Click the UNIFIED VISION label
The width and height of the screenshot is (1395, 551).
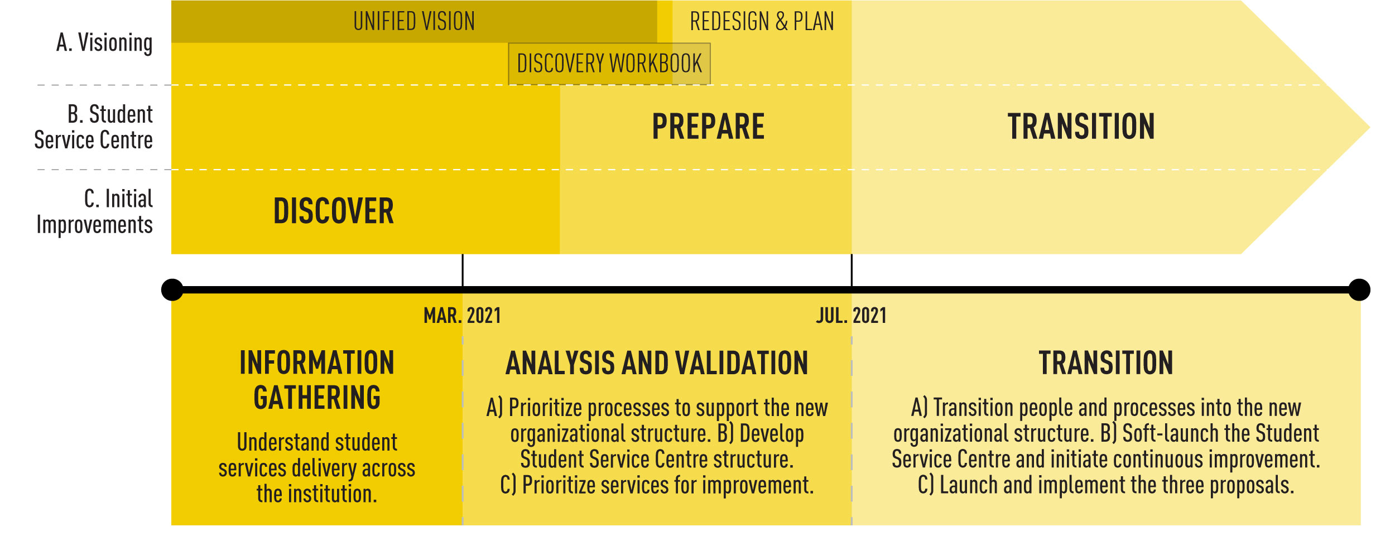click(x=414, y=22)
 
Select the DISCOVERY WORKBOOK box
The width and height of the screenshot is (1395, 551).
click(x=609, y=64)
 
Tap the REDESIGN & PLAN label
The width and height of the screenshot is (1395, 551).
click(x=762, y=22)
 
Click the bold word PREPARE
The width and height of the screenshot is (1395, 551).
click(x=708, y=127)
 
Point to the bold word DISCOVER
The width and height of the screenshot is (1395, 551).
click(x=334, y=211)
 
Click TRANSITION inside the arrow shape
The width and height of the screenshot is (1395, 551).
click(x=1081, y=127)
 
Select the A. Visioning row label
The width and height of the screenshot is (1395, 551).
click(x=104, y=43)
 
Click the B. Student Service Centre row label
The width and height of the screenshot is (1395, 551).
click(x=94, y=127)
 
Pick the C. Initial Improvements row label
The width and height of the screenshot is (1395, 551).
click(x=95, y=212)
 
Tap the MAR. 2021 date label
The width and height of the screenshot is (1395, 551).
click(x=462, y=316)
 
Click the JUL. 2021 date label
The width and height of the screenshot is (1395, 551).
click(x=851, y=316)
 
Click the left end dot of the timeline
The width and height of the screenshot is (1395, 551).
click(x=172, y=290)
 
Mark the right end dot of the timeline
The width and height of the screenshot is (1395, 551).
click(x=1359, y=290)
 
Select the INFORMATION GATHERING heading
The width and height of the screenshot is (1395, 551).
click(x=317, y=380)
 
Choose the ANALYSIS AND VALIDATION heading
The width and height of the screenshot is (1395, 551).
click(x=657, y=363)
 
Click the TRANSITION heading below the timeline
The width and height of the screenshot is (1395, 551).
click(x=1106, y=363)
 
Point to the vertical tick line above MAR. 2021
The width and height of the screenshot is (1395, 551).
click(x=463, y=270)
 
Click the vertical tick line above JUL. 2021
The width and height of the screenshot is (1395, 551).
click(x=852, y=270)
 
